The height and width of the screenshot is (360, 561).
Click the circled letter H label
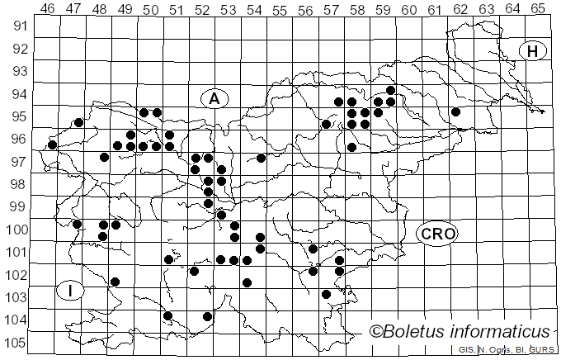(534, 51)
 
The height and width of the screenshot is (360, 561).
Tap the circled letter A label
(214, 99)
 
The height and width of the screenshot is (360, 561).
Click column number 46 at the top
(48, 8)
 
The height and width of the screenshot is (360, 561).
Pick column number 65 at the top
(538, 8)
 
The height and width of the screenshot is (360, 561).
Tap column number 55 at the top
(280, 8)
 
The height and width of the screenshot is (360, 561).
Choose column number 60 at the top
(409, 8)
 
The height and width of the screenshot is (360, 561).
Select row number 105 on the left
(16, 343)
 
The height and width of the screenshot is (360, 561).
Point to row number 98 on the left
(18, 183)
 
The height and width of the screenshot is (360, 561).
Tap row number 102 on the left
(16, 274)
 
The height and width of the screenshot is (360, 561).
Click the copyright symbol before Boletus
(376, 332)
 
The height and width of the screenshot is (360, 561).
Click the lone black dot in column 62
(455, 111)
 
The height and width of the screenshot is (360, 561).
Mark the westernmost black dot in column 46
(52, 144)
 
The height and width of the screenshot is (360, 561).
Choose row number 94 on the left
(18, 93)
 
